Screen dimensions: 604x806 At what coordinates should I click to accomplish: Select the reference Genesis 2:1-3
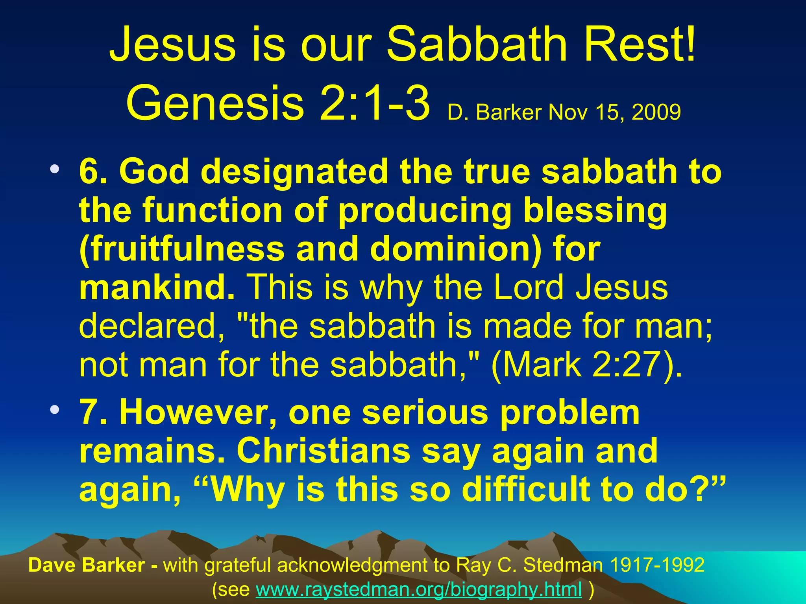(x=278, y=103)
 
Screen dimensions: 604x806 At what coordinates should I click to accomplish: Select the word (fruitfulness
(x=181, y=249)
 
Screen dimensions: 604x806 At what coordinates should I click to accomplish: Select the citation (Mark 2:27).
(x=586, y=364)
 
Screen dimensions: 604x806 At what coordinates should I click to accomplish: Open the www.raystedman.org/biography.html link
(x=419, y=589)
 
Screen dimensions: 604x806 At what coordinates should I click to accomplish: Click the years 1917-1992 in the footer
(x=657, y=565)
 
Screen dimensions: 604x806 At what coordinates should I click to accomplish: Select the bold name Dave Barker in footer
(x=87, y=565)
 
